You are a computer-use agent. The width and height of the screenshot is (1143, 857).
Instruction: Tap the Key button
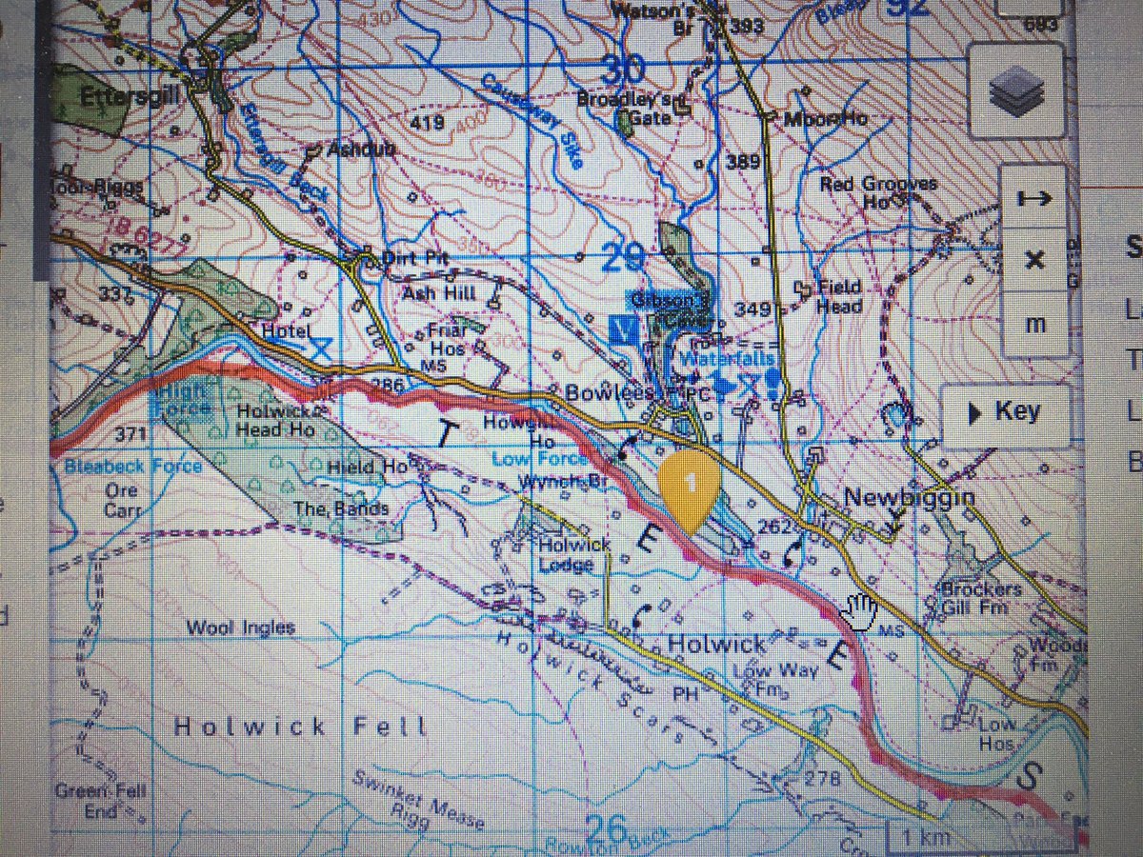coord(1006,412)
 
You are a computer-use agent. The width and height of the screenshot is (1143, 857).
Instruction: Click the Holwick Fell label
coord(301,727)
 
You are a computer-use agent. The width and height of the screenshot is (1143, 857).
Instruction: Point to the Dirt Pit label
coord(412,259)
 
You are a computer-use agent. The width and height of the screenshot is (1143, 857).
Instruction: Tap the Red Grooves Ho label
coord(878,192)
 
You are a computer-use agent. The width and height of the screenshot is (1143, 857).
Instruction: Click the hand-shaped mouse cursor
coord(862,610)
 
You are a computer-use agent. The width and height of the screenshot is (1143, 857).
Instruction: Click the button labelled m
coord(1035,324)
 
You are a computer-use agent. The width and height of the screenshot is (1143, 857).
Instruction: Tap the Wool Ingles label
coord(241,628)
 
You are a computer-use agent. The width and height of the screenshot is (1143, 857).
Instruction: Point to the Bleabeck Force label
coord(133,466)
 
